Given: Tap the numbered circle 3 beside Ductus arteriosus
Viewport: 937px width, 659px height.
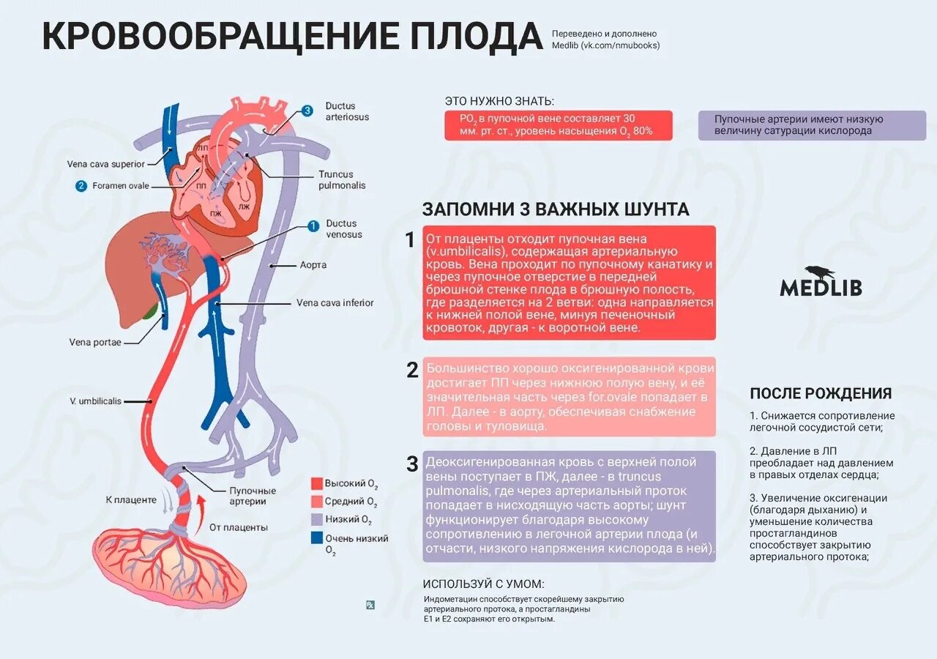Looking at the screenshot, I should (307, 111).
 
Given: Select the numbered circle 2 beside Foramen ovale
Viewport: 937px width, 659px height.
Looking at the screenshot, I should (81, 186).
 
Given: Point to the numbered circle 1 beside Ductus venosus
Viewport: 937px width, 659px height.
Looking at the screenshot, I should (313, 226).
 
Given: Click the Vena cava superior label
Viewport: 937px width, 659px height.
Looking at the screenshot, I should (106, 164).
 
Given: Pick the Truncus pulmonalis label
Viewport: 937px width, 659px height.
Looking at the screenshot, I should (342, 180).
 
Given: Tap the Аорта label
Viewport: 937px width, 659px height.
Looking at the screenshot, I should (313, 265).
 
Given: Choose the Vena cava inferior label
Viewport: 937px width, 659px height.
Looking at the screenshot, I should (335, 302).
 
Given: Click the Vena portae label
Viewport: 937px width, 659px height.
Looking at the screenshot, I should (95, 342).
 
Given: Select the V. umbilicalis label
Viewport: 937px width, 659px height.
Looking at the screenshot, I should (95, 401).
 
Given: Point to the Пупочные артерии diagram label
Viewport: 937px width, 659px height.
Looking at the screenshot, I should (253, 496).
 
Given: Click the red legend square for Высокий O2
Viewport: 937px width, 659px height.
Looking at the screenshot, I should (317, 484).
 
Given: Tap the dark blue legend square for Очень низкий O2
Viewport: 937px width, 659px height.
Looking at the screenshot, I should (317, 538).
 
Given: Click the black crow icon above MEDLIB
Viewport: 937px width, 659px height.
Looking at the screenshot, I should (820, 272).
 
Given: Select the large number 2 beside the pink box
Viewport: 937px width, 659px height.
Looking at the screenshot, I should (412, 371).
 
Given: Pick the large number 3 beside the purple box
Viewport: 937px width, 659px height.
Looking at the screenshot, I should (412, 463).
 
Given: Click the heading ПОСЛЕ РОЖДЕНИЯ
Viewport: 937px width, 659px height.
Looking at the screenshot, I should (821, 393).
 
